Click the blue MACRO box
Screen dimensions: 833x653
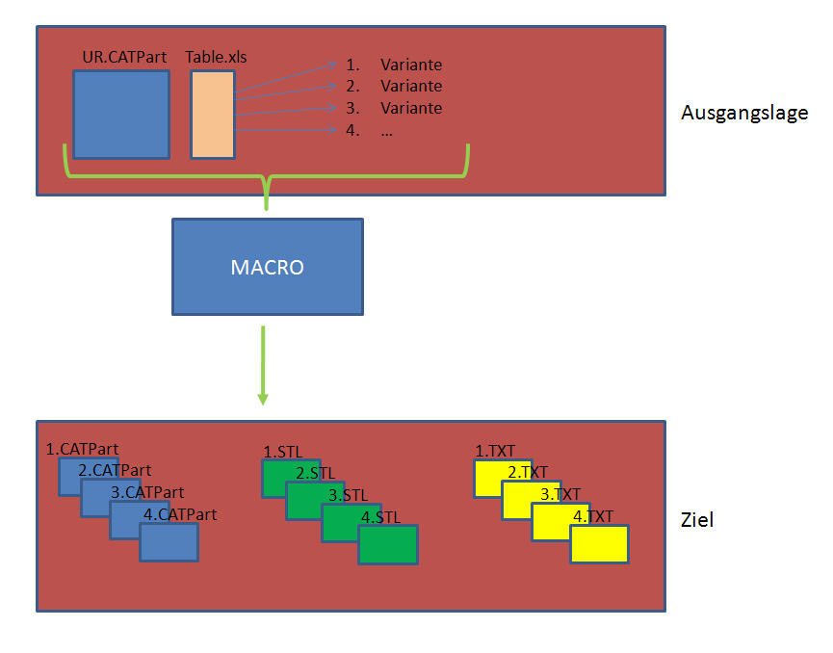pyautogui.click(x=268, y=267)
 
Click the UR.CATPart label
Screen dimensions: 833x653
pyautogui.click(x=124, y=57)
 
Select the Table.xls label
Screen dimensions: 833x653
pyautogui.click(x=216, y=57)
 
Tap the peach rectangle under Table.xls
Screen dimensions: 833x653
pyautogui.click(x=213, y=115)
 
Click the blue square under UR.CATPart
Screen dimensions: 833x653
pyautogui.click(x=121, y=115)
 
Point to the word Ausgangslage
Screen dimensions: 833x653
pyautogui.click(x=744, y=114)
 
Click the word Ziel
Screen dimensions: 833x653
pyautogui.click(x=697, y=520)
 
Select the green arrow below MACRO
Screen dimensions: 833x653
pyautogui.click(x=263, y=366)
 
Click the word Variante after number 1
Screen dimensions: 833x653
pyautogui.click(x=411, y=65)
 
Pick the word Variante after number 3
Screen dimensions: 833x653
pyautogui.click(x=411, y=109)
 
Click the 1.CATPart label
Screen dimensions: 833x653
pyautogui.click(x=82, y=449)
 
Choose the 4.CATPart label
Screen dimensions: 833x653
pyautogui.click(x=180, y=514)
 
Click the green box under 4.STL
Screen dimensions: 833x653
pyautogui.click(x=388, y=544)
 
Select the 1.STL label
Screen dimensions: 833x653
pyautogui.click(x=282, y=452)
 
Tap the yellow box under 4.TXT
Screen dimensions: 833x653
pyautogui.click(x=599, y=543)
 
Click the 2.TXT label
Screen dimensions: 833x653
pyautogui.click(x=528, y=472)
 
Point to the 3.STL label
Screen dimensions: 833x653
pyautogui.click(x=348, y=495)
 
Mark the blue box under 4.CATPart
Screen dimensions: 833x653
pyautogui.click(x=169, y=542)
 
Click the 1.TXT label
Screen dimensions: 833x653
pyautogui.click(x=495, y=451)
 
